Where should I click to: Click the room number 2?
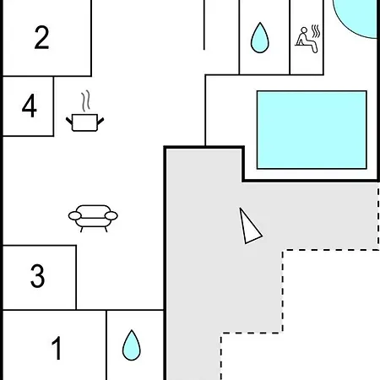[41, 37]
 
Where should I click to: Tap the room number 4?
[30, 106]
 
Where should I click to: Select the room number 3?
[37, 276]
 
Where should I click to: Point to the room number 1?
[57, 348]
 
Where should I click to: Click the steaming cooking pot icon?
[84, 111]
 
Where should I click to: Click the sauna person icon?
[307, 39]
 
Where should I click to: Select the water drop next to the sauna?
[260, 38]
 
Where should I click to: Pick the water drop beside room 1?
[132, 345]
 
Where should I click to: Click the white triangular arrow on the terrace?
[249, 227]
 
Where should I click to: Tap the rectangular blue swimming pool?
[312, 130]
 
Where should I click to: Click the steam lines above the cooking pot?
[86, 100]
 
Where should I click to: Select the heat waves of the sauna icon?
[316, 31]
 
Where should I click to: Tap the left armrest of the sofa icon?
[75, 216]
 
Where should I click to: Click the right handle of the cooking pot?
[100, 122]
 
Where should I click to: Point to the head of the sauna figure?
[304, 30]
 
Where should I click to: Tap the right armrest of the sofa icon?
[111, 216]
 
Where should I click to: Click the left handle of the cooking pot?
[69, 122]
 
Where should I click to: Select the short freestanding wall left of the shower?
[204, 24]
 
